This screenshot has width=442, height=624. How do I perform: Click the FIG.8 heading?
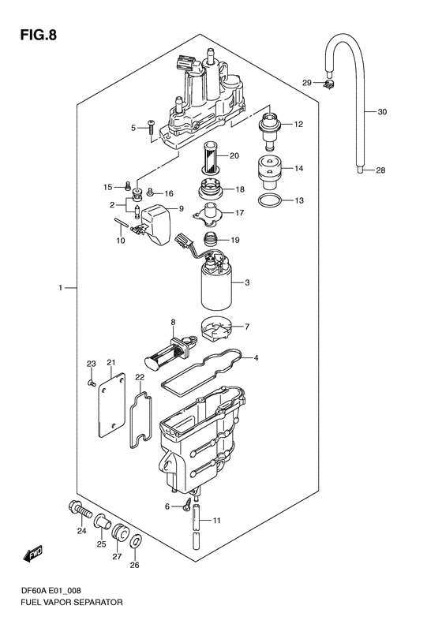click(38, 35)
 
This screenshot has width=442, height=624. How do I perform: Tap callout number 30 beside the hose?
click(382, 112)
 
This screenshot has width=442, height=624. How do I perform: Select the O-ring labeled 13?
click(270, 200)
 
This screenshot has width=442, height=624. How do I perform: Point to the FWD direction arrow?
click(33, 554)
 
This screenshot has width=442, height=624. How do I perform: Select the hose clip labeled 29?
click(329, 84)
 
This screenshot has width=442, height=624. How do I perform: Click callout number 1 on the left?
click(61, 287)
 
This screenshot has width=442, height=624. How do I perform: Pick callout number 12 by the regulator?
click(298, 124)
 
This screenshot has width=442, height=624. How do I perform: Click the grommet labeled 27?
click(119, 532)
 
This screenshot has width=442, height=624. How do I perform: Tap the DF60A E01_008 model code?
click(51, 591)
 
